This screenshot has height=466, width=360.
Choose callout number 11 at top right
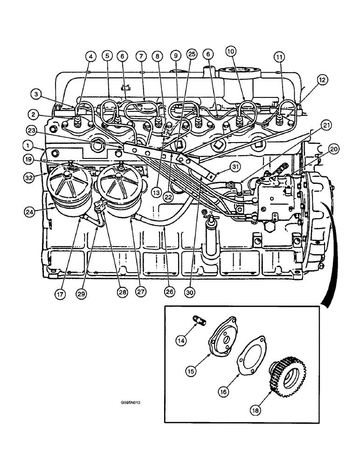(279, 57)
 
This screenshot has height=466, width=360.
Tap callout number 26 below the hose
(169, 293)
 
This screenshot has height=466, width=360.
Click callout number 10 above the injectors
(231, 49)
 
